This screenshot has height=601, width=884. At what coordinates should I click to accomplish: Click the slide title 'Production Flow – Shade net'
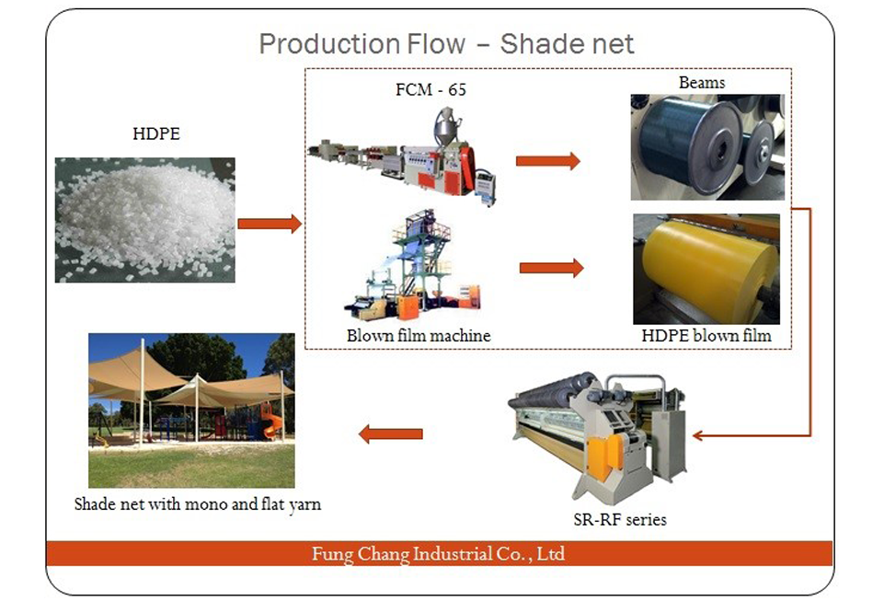(446, 44)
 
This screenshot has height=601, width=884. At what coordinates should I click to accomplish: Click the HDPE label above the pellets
(156, 133)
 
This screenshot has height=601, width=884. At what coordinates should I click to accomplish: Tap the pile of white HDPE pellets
(145, 217)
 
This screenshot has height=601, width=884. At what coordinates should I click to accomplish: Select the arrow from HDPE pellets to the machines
(270, 224)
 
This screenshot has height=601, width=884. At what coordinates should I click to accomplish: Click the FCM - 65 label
(431, 89)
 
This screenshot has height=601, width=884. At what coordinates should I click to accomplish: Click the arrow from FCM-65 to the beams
(548, 161)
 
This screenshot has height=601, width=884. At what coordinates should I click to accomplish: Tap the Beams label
(702, 83)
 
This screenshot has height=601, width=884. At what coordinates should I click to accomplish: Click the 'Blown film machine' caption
(419, 336)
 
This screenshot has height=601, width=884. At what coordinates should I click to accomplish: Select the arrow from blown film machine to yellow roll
(551, 268)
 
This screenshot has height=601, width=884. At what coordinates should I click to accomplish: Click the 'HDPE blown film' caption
(706, 336)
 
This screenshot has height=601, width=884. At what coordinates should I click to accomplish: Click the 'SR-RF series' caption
(620, 519)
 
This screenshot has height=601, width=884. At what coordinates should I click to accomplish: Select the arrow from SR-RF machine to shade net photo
(390, 434)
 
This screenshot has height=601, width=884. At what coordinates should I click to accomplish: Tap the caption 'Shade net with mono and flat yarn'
(198, 504)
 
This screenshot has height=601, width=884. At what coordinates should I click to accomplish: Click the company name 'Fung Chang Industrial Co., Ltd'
(439, 553)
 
